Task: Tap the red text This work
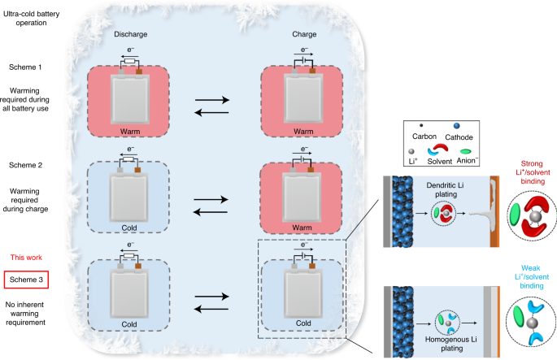coord(25,257)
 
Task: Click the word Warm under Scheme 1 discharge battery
coord(128,131)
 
